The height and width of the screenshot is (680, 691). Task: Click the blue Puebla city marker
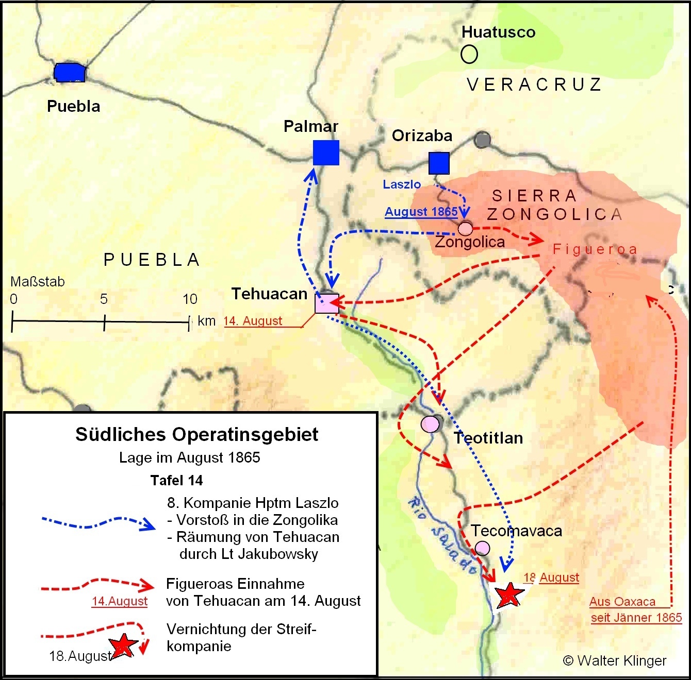pyautogui.click(x=70, y=73)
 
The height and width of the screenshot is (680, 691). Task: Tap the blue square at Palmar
pyautogui.click(x=326, y=152)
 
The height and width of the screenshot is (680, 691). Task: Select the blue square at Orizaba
pyautogui.click(x=439, y=163)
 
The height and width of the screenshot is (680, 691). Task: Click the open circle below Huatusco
pyautogui.click(x=469, y=54)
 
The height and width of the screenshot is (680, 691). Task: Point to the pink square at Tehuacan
pyautogui.click(x=327, y=303)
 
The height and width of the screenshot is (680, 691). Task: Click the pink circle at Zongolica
pyautogui.click(x=465, y=228)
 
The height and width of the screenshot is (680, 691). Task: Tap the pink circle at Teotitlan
pyautogui.click(x=430, y=424)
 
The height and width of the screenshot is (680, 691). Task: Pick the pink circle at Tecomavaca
pyautogui.click(x=482, y=548)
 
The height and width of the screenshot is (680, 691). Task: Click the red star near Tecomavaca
pyautogui.click(x=509, y=594)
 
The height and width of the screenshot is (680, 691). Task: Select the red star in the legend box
pyautogui.click(x=123, y=646)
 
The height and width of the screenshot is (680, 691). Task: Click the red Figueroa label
pyautogui.click(x=595, y=249)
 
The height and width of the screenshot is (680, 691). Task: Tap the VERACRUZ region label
pyautogui.click(x=534, y=84)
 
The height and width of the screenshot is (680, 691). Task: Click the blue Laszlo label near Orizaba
pyautogui.click(x=402, y=184)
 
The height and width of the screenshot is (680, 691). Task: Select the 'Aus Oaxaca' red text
pyautogui.click(x=622, y=602)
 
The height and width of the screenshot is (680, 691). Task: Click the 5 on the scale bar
pyautogui.click(x=104, y=299)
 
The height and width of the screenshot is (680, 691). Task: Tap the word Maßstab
pyautogui.click(x=38, y=282)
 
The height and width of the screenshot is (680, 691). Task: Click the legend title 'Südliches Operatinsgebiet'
pyautogui.click(x=196, y=434)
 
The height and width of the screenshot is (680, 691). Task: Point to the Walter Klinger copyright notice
pyautogui.click(x=615, y=660)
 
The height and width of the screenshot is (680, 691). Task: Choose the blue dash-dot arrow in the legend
pyautogui.click(x=98, y=522)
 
